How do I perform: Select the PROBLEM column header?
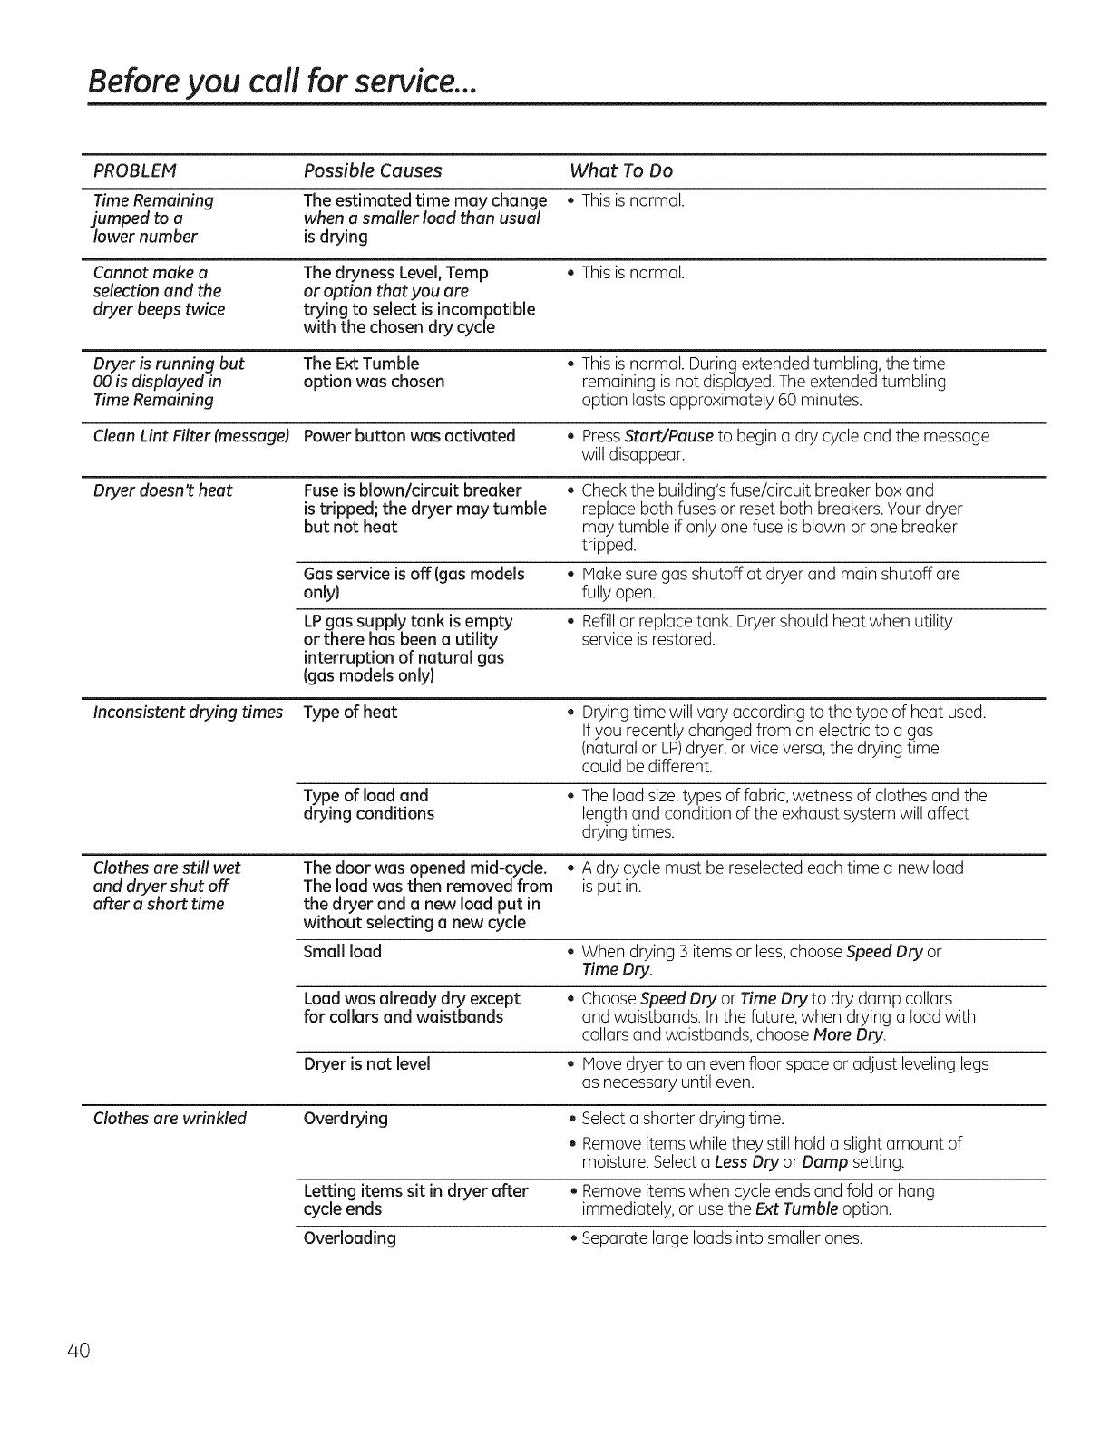click(x=134, y=170)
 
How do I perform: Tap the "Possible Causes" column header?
click(x=373, y=170)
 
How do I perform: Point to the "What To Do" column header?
click(x=621, y=170)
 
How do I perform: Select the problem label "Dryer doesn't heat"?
click(x=163, y=490)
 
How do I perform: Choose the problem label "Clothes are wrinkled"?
click(x=170, y=1118)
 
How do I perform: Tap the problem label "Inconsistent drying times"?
click(x=188, y=712)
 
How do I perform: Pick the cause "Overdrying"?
click(x=346, y=1118)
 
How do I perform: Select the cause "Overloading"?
click(x=349, y=1237)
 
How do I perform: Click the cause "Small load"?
click(x=342, y=951)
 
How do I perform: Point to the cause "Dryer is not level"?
click(x=366, y=1063)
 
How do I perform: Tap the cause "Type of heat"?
click(x=350, y=712)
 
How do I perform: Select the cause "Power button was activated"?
click(x=409, y=436)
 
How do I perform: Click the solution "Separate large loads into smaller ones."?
click(x=722, y=1237)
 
